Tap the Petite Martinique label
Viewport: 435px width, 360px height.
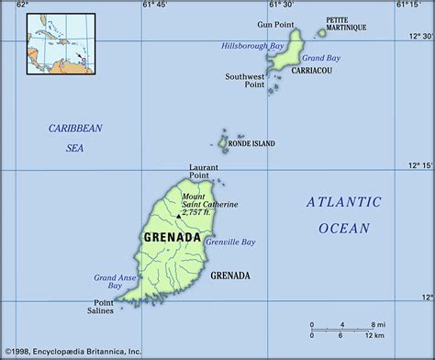[x=347, y=24]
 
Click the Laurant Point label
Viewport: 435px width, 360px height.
[x=204, y=172]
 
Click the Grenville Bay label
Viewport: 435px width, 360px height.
[x=231, y=242]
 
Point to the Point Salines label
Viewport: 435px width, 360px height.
[x=102, y=307]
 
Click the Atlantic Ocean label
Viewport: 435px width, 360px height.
[x=338, y=214]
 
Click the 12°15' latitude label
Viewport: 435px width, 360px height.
[x=420, y=165]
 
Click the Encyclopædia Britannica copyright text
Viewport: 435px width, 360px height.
[x=72, y=351]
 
